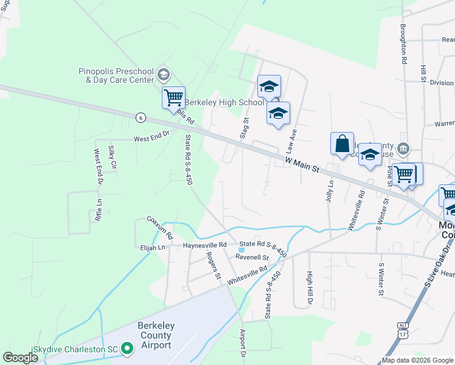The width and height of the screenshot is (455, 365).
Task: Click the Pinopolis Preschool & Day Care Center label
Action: point(116,75)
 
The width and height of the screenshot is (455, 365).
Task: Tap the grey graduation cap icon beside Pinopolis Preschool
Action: point(162,75)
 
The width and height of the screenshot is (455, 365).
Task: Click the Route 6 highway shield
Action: point(141,117)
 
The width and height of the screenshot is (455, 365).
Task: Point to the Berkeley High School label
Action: point(224,102)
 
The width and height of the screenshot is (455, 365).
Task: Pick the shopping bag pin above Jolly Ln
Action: point(342,144)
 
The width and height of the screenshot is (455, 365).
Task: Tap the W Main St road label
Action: point(302,163)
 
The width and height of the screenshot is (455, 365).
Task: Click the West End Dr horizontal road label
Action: point(151,139)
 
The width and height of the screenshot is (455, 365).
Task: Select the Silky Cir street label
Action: point(112,157)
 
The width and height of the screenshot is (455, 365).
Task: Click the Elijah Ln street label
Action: point(153,248)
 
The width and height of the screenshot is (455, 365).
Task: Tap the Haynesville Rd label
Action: point(204,245)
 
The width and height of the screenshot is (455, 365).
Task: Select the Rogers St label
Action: point(213,265)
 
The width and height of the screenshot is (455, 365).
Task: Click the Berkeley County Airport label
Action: point(156,335)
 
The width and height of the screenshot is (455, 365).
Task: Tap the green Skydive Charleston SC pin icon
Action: point(127,349)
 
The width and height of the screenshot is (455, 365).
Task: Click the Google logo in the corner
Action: point(20,357)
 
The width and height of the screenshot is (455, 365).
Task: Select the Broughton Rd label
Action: point(403,44)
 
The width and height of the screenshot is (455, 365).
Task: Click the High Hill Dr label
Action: point(309,288)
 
